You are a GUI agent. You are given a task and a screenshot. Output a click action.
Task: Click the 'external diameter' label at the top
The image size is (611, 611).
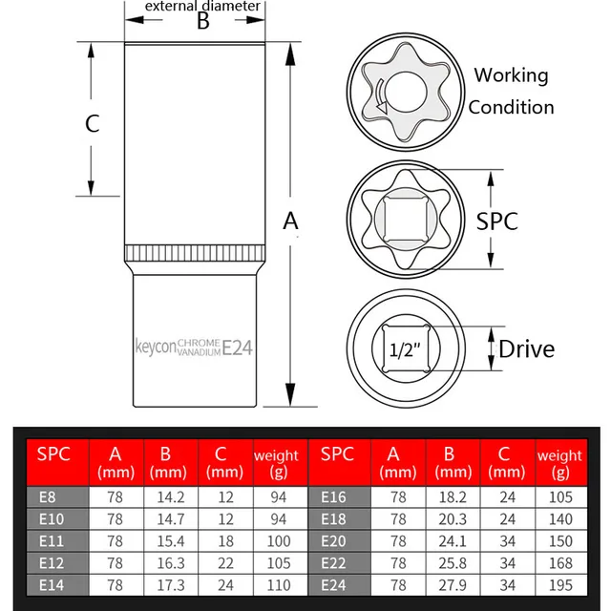tap(201, 7)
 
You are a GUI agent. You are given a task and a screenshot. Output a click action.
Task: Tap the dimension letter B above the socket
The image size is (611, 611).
tap(202, 22)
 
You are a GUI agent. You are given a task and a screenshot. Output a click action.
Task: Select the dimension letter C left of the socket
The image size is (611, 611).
tap(93, 123)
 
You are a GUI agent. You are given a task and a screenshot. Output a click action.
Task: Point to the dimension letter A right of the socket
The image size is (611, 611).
tap(291, 221)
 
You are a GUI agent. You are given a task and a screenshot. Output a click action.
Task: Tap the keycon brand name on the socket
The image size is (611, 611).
tap(155, 348)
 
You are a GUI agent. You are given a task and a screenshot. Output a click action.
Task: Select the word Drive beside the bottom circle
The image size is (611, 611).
tap(526, 348)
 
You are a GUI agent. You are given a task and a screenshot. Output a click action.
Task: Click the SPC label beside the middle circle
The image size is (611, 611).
tap(497, 221)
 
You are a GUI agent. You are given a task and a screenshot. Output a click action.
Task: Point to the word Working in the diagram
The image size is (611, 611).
tap(511, 75)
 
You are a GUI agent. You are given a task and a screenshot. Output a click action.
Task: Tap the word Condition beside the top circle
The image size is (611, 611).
tap(511, 107)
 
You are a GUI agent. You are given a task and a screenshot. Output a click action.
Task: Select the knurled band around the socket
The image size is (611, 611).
tap(195, 256)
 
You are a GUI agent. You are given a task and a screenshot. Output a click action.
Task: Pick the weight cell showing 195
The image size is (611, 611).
tap(561, 584)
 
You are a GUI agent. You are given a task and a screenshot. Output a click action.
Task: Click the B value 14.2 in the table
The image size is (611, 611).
tap(170, 496)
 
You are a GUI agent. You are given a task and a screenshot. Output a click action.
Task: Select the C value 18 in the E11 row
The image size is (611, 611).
tap(225, 540)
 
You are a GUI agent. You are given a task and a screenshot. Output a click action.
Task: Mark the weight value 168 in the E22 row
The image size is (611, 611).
tap(561, 562)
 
